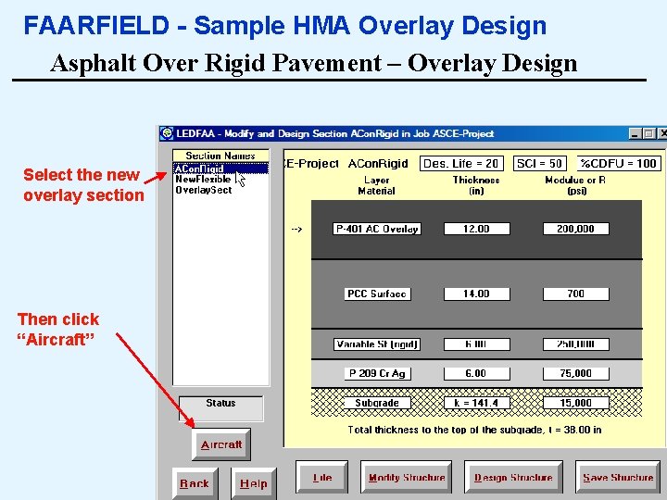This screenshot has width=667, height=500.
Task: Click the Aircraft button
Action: (221, 444)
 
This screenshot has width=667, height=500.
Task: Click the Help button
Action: (253, 483)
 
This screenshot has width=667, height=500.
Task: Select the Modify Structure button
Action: (406, 478)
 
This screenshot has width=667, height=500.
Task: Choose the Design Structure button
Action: (512, 478)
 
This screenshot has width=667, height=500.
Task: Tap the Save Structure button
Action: (618, 478)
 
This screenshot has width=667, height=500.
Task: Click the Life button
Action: (321, 478)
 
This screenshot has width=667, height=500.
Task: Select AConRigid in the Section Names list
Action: (200, 169)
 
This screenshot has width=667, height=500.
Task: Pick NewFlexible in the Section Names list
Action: (203, 180)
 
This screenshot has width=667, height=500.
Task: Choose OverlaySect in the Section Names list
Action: (204, 190)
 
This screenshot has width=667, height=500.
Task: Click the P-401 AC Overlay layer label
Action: (376, 229)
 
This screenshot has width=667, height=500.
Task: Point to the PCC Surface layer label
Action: (376, 294)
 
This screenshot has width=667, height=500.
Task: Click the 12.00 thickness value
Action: (476, 229)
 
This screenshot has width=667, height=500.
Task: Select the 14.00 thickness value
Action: (476, 294)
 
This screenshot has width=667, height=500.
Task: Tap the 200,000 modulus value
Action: (575, 229)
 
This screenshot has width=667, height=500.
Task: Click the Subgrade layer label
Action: (376, 403)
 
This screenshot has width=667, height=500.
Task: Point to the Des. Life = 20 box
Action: (461, 164)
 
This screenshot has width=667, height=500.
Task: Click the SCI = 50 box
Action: (539, 164)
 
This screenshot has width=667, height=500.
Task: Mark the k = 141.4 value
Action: (476, 403)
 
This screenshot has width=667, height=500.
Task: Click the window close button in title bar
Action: (662, 134)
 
